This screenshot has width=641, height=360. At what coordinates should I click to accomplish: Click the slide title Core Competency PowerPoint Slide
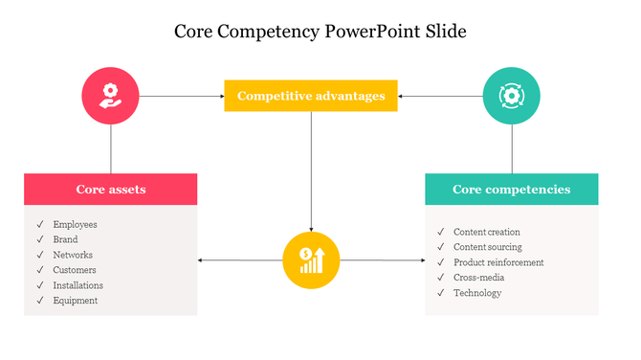[320, 31]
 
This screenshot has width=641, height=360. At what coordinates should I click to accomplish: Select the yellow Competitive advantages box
[311, 96]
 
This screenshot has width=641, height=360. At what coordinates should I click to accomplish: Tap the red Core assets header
[111, 190]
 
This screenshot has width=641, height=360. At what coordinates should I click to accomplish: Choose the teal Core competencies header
[511, 190]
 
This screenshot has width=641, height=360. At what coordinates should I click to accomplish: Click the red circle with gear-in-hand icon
[111, 95]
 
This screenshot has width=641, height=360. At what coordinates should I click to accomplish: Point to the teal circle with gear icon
[512, 95]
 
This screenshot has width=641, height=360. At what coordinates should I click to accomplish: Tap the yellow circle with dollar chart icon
[312, 259]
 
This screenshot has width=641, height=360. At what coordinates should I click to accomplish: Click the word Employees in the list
[75, 224]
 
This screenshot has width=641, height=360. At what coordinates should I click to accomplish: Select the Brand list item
[66, 239]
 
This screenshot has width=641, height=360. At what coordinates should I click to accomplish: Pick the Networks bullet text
[73, 255]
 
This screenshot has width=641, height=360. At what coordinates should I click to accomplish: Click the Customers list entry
[75, 270]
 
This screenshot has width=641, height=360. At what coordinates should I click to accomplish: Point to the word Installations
[78, 285]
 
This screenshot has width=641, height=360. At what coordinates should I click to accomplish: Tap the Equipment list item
[76, 301]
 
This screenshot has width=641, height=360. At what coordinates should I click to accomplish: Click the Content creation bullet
[487, 232]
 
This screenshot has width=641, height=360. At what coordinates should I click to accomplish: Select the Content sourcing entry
[488, 247]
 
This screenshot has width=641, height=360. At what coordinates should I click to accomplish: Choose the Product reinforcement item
[498, 262]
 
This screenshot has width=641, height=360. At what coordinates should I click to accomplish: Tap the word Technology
[477, 293]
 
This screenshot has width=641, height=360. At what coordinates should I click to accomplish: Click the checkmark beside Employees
[40, 224]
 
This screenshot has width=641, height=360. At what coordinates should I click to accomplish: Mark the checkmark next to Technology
[441, 293]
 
